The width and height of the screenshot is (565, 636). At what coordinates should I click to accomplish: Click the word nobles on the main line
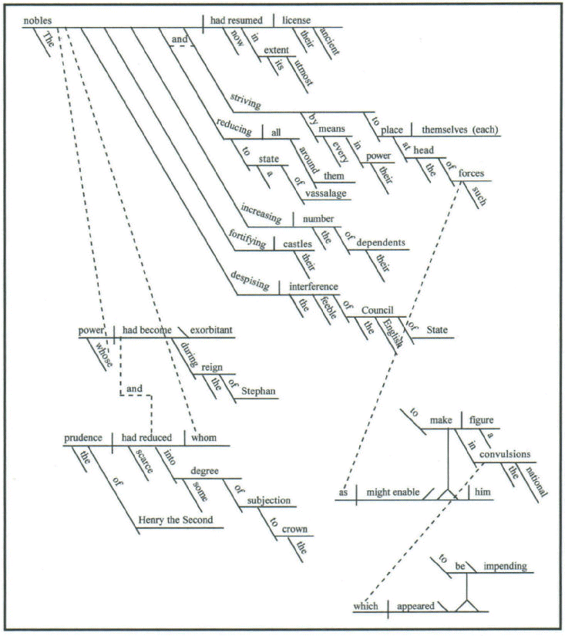38,20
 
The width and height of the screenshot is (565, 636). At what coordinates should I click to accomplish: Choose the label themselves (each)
459,130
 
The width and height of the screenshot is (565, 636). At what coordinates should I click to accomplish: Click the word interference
313,287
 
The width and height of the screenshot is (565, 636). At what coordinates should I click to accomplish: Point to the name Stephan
258,392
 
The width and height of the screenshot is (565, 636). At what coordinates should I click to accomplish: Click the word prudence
87,438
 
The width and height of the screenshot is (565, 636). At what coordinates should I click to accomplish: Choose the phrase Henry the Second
175,520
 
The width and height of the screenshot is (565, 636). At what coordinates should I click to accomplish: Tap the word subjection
268,500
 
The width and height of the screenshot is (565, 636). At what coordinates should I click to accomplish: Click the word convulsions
504,455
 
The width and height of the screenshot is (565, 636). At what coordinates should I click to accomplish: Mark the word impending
505,567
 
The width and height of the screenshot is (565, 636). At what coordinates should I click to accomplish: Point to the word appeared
416,606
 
